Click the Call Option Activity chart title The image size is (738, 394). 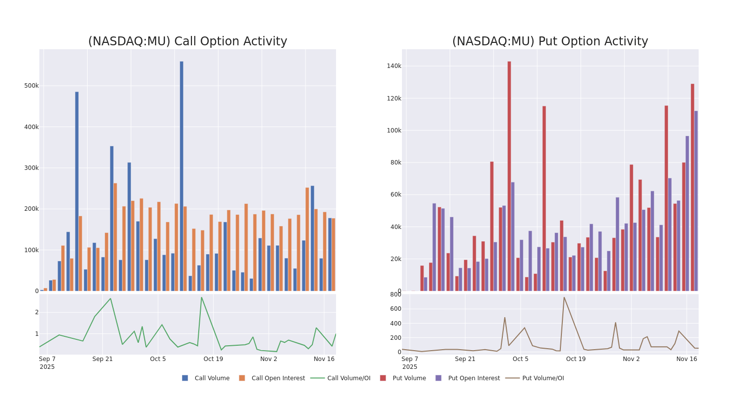click(187, 42)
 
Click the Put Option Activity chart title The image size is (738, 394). click(550, 42)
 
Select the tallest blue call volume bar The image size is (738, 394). click(181, 176)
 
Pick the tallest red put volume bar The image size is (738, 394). click(509, 176)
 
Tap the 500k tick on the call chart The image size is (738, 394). click(31, 86)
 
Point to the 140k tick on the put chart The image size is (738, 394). click(393, 66)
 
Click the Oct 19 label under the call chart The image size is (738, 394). click(213, 359)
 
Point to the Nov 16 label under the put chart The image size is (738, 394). click(686, 359)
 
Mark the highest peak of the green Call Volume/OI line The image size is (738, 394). click(201, 297)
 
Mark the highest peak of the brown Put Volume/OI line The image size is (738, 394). click(564, 297)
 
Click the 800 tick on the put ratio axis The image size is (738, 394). click(396, 295)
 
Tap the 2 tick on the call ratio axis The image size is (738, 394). click(36, 312)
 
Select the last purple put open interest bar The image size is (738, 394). click(696, 201)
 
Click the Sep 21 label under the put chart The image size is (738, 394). click(465, 359)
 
